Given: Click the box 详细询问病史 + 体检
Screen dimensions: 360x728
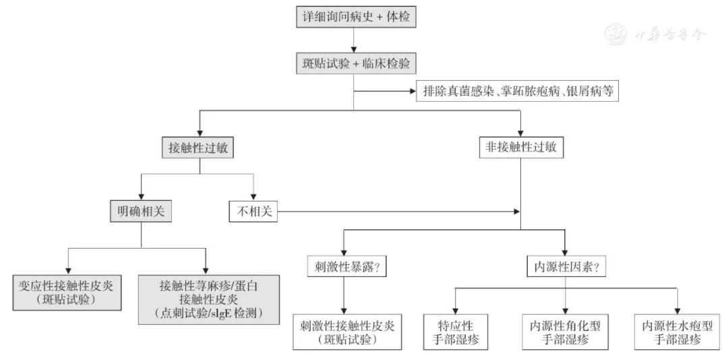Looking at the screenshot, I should (355, 17).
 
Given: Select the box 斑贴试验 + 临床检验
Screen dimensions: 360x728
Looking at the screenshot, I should (355, 63).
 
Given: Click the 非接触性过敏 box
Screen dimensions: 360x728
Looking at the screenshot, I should (520, 148).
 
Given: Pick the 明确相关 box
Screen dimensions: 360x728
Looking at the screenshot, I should (141, 212).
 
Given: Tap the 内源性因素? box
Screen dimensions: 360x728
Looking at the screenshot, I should (565, 266).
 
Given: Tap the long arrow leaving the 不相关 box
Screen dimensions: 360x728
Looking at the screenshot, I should (398, 212).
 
